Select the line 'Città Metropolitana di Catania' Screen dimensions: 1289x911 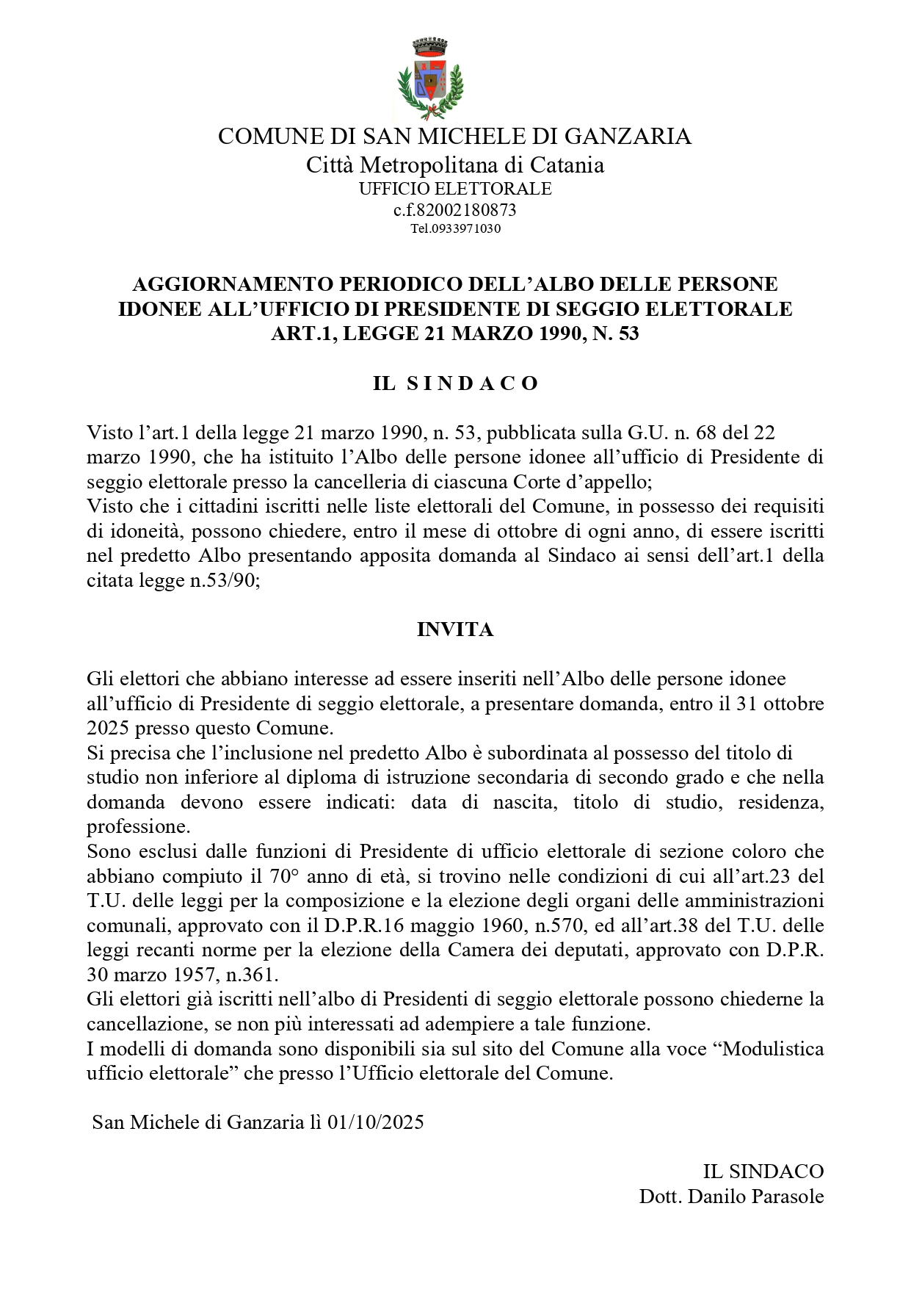point(455,165)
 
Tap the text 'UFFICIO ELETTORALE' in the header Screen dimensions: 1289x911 point(455,189)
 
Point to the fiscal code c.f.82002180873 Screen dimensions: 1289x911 point(455,210)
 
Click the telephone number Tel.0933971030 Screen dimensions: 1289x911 point(455,228)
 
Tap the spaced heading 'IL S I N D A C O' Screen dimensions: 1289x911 point(455,383)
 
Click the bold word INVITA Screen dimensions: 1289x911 point(455,629)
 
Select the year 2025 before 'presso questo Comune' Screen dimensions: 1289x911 point(108,729)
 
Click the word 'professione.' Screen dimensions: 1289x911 point(139,827)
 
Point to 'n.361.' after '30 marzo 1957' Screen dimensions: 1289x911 point(253,975)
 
